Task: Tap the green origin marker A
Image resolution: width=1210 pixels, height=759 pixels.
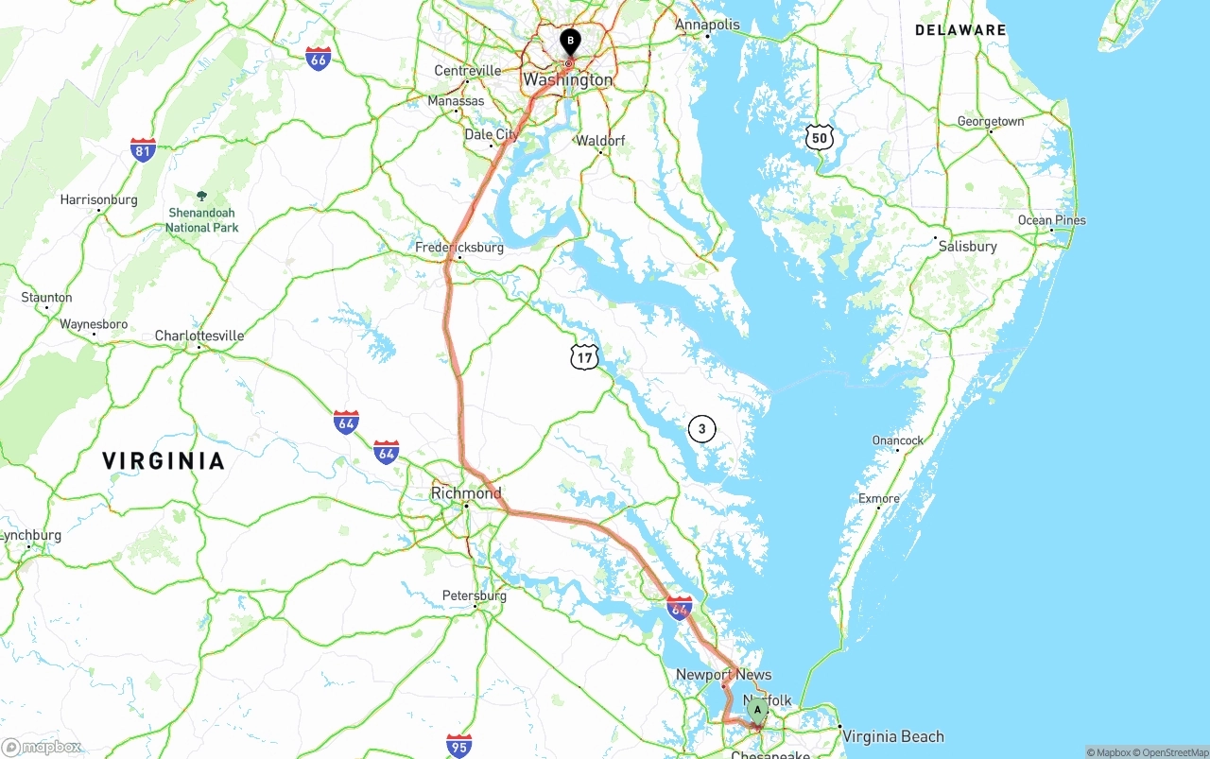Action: pos(757,710)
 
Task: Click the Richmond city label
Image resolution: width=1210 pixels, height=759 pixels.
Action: pos(466,493)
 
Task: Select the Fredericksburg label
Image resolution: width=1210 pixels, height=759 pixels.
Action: pos(459,248)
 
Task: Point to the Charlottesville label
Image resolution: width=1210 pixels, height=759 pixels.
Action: pos(199,336)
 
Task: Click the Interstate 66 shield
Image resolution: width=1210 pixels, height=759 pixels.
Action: pos(319,59)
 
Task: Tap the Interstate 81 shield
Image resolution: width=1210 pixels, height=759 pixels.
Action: pos(143,149)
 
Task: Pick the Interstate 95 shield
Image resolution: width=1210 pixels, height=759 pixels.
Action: pos(459,745)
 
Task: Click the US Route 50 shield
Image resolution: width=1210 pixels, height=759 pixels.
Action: pos(820,138)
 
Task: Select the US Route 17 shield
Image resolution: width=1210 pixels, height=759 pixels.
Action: pos(584,356)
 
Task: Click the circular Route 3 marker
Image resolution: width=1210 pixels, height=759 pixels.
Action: pos(701,429)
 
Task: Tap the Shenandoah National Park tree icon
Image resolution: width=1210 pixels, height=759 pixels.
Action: pos(201,197)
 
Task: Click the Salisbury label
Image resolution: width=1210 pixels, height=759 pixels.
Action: pos(967,246)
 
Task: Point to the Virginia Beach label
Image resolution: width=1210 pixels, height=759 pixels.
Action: pos(892,736)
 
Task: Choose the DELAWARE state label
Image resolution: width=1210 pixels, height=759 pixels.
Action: pos(960,30)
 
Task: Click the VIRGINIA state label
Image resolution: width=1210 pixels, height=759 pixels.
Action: pos(164,461)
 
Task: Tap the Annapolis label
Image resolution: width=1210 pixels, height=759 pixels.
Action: pos(707,25)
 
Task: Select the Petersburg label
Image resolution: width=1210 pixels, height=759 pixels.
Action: pos(475,595)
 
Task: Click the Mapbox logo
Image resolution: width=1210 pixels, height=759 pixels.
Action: pos(41,747)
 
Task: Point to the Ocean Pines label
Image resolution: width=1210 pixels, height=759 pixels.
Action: pos(1051,220)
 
